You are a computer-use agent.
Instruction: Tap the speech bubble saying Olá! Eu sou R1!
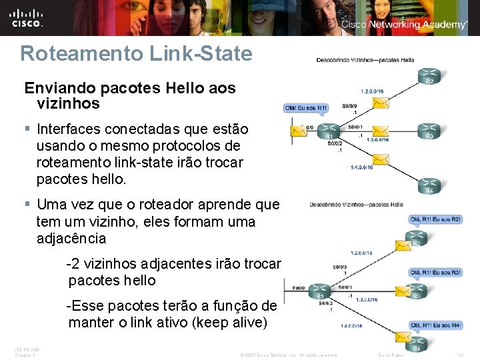[306, 107]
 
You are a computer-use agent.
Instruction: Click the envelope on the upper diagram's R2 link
[381, 103]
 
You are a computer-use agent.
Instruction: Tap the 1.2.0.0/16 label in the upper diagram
[372, 90]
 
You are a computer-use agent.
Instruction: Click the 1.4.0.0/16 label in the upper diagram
[363, 167]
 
